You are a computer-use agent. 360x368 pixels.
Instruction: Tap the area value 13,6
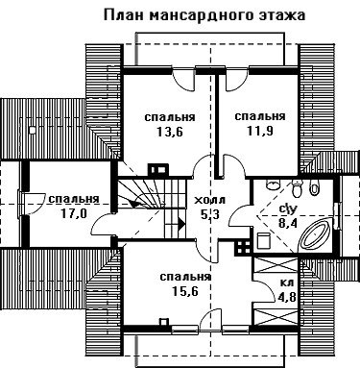(170, 132)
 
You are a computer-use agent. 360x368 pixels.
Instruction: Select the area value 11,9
(260, 131)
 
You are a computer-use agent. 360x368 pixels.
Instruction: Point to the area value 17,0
(74, 213)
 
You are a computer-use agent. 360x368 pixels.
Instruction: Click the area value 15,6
(185, 291)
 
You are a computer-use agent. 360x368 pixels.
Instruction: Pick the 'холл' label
(210, 201)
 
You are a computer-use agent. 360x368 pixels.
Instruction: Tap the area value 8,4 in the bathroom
(288, 223)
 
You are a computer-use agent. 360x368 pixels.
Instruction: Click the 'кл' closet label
(287, 282)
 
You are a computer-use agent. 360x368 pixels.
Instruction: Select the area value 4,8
(286, 297)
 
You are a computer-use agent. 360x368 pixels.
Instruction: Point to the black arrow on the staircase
(181, 223)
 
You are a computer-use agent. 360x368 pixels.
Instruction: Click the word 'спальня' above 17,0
(74, 199)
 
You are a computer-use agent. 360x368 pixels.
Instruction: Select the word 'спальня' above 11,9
(260, 116)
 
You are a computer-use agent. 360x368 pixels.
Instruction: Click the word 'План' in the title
(123, 14)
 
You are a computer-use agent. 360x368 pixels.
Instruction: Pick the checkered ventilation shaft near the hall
(243, 247)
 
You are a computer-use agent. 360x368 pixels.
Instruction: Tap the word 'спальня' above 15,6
(185, 278)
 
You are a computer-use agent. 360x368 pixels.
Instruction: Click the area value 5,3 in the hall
(210, 214)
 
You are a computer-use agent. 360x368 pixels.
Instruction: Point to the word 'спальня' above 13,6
(170, 117)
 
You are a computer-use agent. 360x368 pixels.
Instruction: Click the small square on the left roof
(32, 130)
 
